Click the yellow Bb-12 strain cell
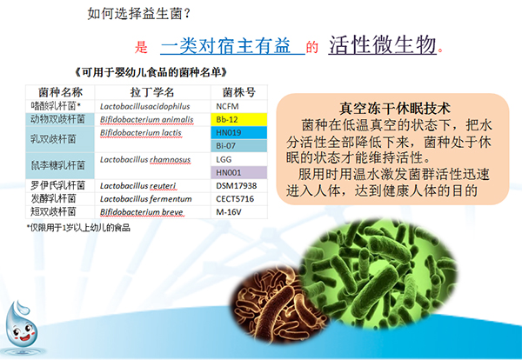[x=241, y=118]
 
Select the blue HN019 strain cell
[x=241, y=132]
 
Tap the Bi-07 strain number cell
[x=241, y=145]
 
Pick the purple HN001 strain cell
[x=241, y=172]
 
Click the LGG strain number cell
[x=241, y=159]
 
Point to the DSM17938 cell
[x=241, y=185]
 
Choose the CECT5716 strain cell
[x=241, y=198]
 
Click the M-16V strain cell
[x=241, y=211]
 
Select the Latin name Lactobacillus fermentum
[x=144, y=198]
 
